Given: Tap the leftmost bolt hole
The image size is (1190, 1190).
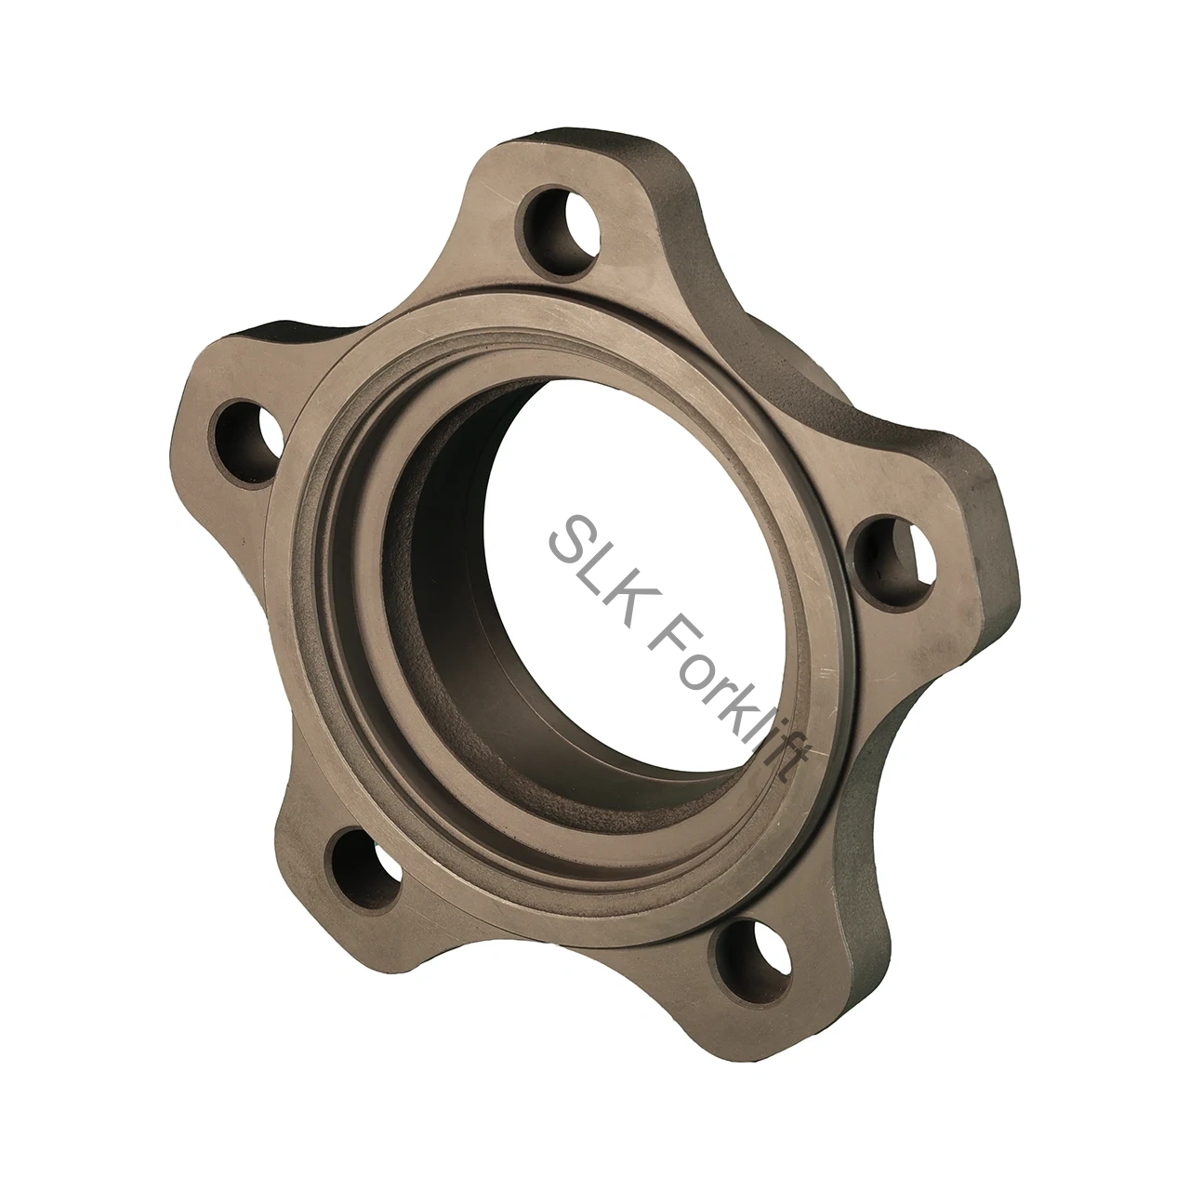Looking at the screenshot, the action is click(245, 440).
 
